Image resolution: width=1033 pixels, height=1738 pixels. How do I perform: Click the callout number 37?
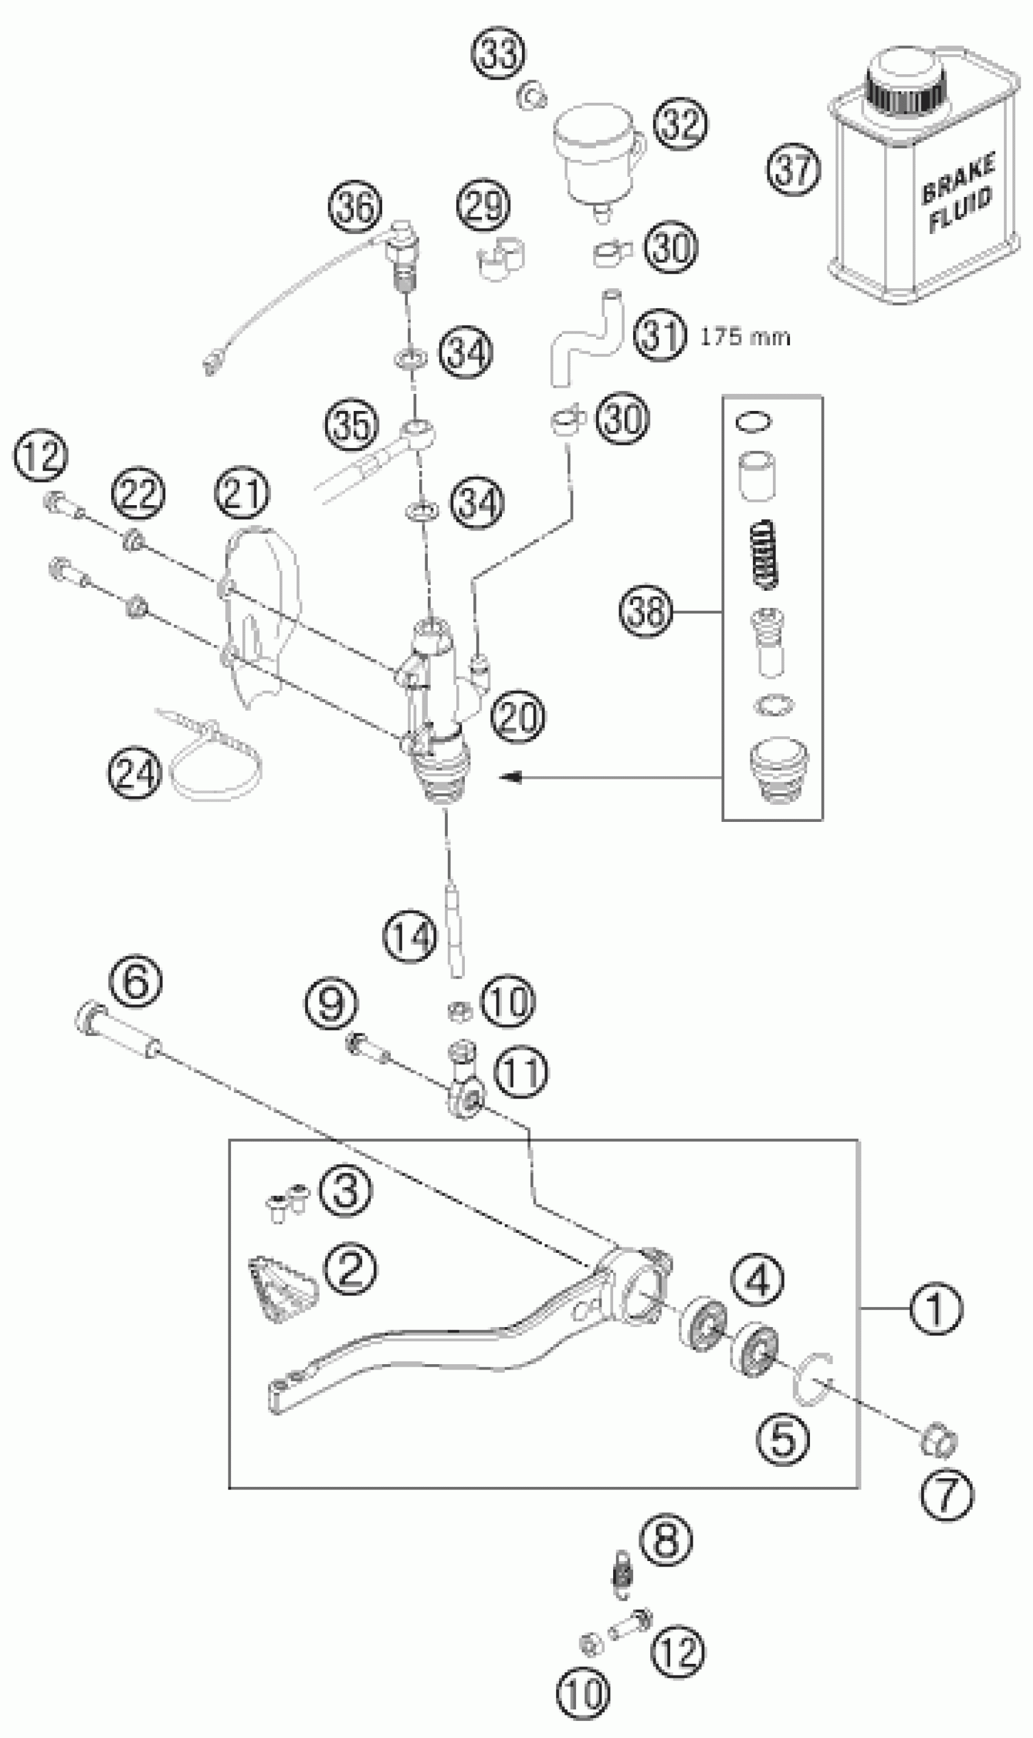794,169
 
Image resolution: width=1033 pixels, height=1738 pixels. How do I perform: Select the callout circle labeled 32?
680,123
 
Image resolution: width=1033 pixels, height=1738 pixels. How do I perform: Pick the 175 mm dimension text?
745,338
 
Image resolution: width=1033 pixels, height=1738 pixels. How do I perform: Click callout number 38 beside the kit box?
646,612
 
